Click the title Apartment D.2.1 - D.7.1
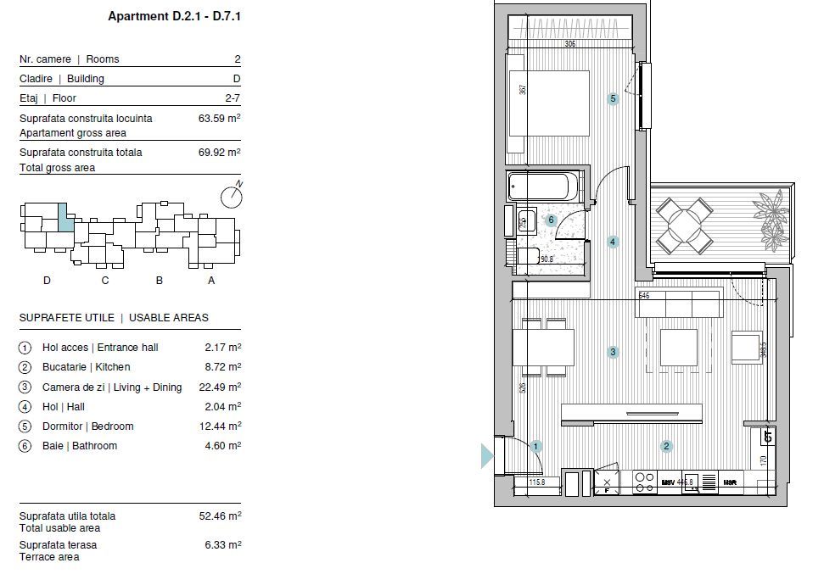(x=175, y=16)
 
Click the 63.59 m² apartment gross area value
(x=219, y=119)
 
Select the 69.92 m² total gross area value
(x=219, y=153)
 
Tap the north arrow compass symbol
(x=232, y=197)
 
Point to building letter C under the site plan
(x=105, y=281)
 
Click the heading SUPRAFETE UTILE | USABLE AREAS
(x=114, y=318)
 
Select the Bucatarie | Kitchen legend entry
(x=86, y=367)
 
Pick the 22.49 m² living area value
(x=222, y=387)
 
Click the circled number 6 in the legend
(x=25, y=446)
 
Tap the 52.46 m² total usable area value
(x=222, y=515)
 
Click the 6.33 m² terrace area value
(x=222, y=545)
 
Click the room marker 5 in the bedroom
(x=613, y=99)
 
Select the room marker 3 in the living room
(x=613, y=352)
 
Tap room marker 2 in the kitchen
(x=667, y=447)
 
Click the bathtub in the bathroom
(x=544, y=187)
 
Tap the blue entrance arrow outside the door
(x=487, y=455)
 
